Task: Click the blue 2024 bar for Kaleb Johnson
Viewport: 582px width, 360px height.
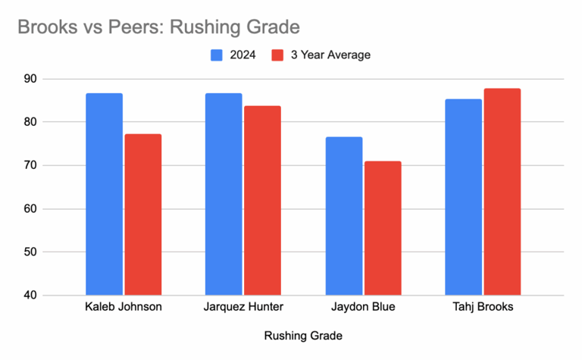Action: pyautogui.click(x=104, y=194)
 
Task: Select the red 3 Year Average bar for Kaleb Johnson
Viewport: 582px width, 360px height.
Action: pyautogui.click(x=143, y=214)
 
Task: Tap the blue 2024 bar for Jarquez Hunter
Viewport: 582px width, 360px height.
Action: pyautogui.click(x=224, y=194)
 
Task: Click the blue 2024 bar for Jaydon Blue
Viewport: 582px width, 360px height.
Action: pyautogui.click(x=344, y=216)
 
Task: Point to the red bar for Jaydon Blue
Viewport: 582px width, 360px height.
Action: pyautogui.click(x=383, y=228)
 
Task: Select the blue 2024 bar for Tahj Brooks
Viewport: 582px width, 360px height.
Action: pyautogui.click(x=464, y=197)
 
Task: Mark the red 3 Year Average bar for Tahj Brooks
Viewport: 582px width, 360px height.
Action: pyautogui.click(x=502, y=192)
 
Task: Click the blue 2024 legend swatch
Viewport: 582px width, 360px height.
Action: pyautogui.click(x=216, y=55)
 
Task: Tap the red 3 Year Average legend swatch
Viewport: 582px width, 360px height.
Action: pyautogui.click(x=277, y=55)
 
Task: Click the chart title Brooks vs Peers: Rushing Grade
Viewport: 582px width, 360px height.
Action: pyautogui.click(x=158, y=27)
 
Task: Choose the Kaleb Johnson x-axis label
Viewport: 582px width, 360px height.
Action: pyautogui.click(x=124, y=308)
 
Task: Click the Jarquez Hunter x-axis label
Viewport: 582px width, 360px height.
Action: pyautogui.click(x=243, y=308)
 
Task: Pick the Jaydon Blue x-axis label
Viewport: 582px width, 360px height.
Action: pyautogui.click(x=363, y=308)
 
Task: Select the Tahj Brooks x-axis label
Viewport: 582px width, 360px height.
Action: pyautogui.click(x=483, y=308)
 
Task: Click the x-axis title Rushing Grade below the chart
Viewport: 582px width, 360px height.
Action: pyautogui.click(x=303, y=335)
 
